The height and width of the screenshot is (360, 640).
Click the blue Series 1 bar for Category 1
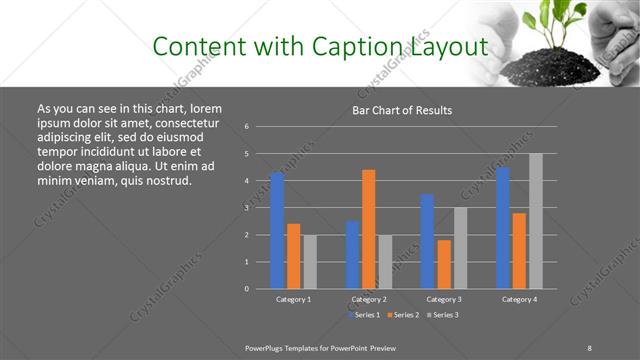point(277,230)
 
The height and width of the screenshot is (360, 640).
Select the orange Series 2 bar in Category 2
point(368,229)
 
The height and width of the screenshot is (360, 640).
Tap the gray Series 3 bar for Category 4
point(536,221)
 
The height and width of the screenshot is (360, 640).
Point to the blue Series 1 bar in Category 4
point(502,228)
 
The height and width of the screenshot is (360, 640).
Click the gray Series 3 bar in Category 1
point(310,262)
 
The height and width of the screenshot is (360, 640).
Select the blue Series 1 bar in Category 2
point(352,255)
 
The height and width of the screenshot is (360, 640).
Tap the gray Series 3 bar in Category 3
point(460,248)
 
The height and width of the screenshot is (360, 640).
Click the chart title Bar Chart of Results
point(403,110)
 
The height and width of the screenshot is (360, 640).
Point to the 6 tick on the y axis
point(247,127)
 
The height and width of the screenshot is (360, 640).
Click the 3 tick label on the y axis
point(247,208)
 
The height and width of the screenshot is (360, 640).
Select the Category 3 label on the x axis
point(443,299)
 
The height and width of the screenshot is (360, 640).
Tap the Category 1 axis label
point(293,299)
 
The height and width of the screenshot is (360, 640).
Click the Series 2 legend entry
point(400,315)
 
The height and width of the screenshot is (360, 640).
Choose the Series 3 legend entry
point(442,315)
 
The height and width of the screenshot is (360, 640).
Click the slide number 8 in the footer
point(589,347)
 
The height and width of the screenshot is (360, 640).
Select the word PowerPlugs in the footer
point(268,347)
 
